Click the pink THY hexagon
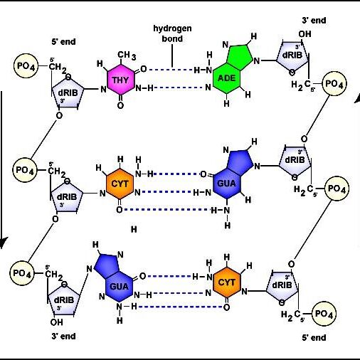tap(121, 80)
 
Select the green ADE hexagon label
tap(226, 78)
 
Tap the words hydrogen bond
tap(172, 33)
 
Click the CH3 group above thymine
tap(127, 55)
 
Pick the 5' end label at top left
tap(63, 42)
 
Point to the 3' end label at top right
tap(314, 21)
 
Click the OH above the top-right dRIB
tap(305, 34)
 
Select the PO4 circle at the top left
tap(26, 65)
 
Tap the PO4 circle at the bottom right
tap(324, 314)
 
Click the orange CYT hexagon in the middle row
tap(120, 184)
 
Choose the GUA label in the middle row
tap(226, 184)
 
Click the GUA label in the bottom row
tap(119, 287)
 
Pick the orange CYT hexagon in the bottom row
tap(227, 282)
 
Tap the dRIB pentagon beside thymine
tap(68, 92)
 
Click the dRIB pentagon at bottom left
tap(63, 300)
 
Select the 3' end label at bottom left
tap(63, 337)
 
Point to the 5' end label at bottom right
tap(314, 337)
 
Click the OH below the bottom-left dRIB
tap(56, 322)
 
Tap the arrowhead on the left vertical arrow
tap(2, 243)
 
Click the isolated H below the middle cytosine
tap(134, 229)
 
